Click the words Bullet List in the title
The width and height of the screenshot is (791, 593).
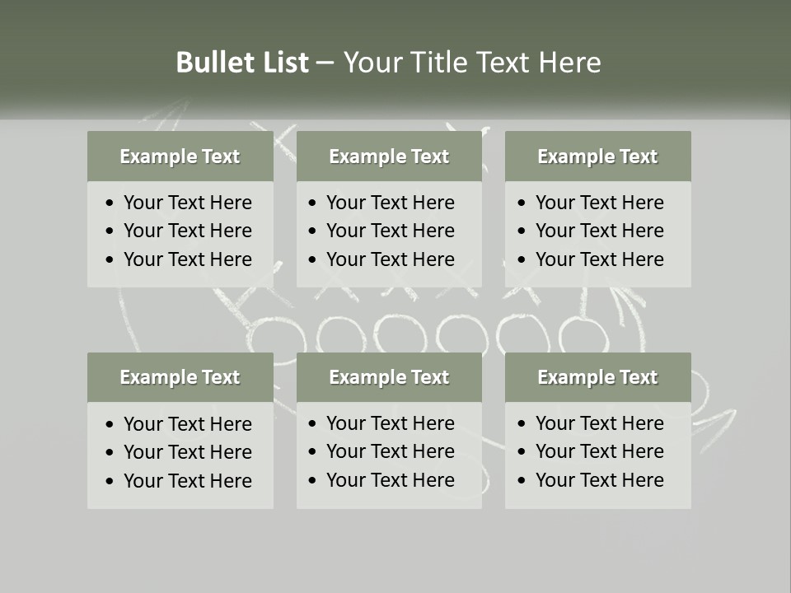pos(242,63)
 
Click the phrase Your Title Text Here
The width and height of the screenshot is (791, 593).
pos(472,63)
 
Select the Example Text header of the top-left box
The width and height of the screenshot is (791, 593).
pos(180,156)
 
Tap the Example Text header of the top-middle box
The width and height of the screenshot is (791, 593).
pos(389,156)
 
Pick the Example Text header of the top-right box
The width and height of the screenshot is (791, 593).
pos(597,156)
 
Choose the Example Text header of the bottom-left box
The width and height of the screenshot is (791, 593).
pos(180,377)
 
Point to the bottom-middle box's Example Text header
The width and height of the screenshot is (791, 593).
pos(389,377)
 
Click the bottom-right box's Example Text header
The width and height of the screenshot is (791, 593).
pos(597,377)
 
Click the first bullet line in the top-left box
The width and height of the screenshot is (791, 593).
pos(187,203)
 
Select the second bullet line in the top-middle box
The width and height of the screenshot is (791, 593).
pos(390,231)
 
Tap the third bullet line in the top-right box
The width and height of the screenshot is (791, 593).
pos(599,259)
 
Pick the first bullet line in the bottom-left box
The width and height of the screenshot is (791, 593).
pos(187,424)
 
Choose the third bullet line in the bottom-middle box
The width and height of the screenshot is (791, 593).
pos(390,480)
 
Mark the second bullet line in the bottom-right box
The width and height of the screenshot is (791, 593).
pos(599,451)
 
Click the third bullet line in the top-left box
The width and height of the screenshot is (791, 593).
pos(187,259)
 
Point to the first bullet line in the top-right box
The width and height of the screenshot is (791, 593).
pos(599,203)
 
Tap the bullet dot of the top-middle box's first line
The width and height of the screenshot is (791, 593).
pos(313,203)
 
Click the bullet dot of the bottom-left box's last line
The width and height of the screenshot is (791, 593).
pos(110,482)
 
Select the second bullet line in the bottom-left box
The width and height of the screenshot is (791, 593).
pos(187,452)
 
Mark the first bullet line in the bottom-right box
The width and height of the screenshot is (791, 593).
pos(599,423)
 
